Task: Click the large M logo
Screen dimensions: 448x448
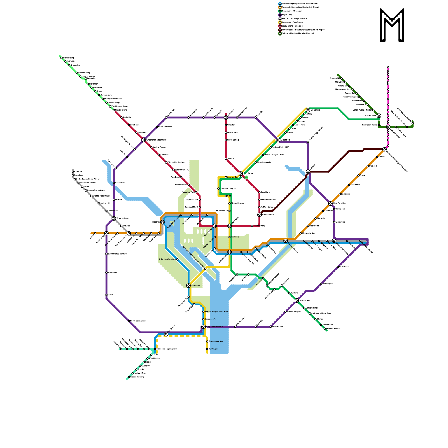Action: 392,25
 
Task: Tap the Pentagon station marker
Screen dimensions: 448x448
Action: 189,286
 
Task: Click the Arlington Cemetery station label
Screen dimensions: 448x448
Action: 167,260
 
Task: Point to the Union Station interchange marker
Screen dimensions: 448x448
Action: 260,215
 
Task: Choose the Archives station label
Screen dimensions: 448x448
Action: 235,237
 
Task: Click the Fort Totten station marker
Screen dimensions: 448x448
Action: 241,174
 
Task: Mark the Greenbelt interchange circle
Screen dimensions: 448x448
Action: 278,140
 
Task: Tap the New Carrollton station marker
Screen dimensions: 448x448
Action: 330,204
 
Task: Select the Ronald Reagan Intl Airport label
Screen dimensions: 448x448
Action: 217,312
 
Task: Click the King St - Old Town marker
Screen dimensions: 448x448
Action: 204,327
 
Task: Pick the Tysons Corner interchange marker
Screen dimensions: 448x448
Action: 114,218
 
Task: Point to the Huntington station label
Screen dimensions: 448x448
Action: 214,349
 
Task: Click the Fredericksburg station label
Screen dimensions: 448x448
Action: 137,377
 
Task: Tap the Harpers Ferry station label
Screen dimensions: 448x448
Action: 84,73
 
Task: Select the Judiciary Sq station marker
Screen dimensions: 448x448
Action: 252,226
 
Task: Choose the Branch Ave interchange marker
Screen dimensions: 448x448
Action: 297,300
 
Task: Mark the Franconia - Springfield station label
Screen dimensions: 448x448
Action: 166,349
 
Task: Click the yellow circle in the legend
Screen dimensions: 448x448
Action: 280,22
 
